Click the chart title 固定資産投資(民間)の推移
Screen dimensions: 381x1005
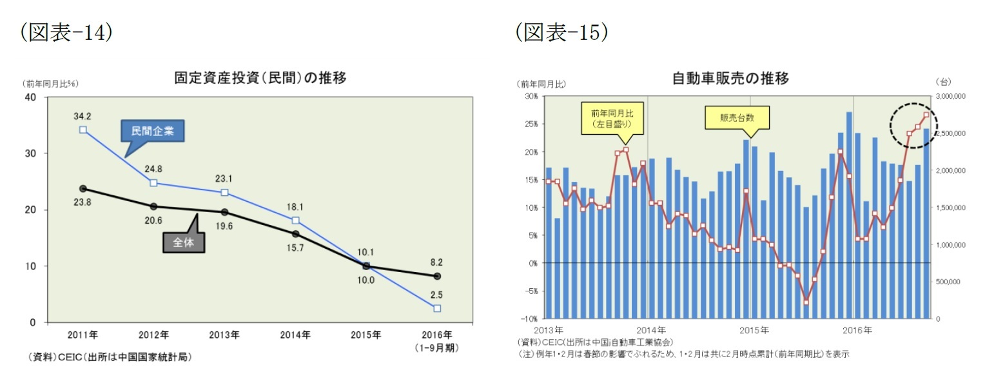point(260,79)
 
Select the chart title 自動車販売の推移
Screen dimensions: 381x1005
point(730,79)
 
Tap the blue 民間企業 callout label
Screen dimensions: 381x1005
point(153,132)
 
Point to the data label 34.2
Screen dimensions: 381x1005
point(83,117)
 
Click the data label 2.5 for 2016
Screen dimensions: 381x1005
point(437,295)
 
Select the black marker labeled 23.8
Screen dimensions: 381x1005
point(83,188)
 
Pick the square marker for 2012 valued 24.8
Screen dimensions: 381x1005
point(153,182)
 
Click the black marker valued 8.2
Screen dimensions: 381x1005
point(437,276)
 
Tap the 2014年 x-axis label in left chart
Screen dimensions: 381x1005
point(295,335)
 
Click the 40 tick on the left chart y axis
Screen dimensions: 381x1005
point(30,97)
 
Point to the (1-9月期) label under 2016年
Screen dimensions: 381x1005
point(437,347)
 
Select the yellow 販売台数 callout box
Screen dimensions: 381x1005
point(737,118)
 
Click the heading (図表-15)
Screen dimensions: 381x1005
point(561,33)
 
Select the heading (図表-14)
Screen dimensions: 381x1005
point(66,33)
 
